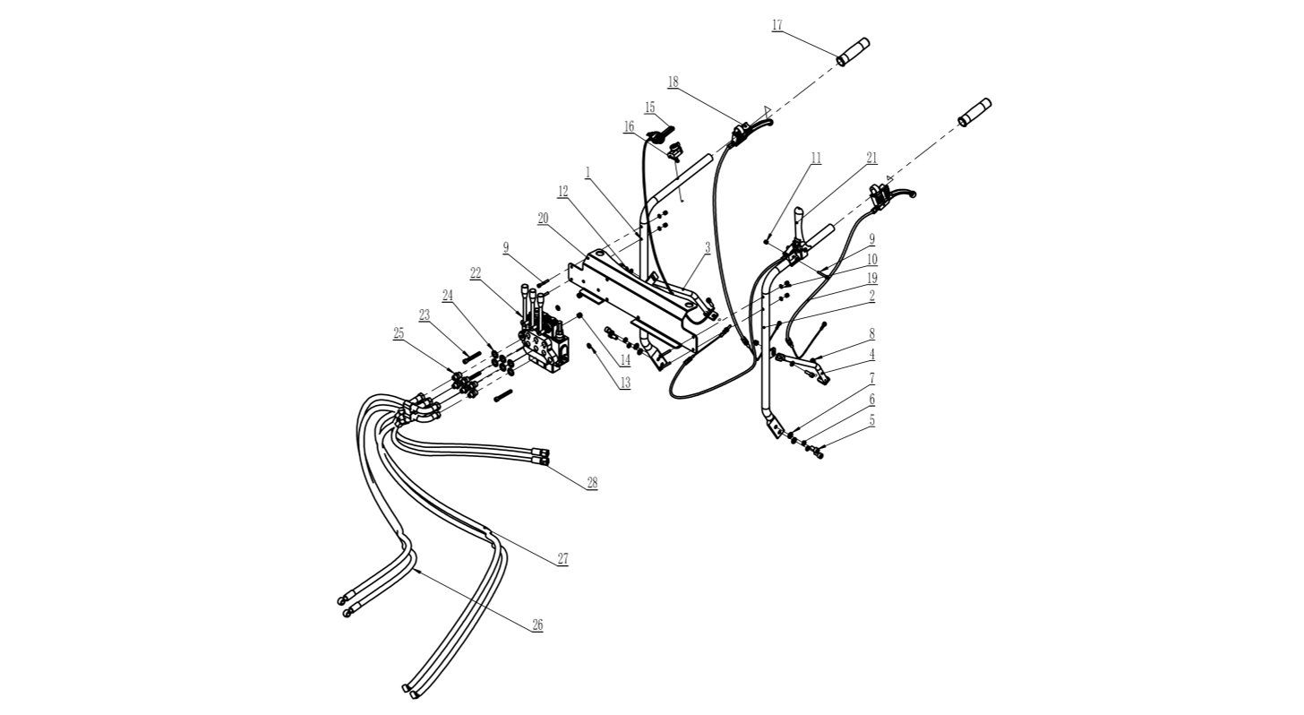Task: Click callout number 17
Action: coord(776,25)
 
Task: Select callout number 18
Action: coord(673,82)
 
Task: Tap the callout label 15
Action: coord(649,108)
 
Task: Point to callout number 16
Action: coord(630,127)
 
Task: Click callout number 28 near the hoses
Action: coord(592,483)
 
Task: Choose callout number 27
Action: coord(562,559)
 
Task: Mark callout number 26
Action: coord(537,625)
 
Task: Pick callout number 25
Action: coord(399,333)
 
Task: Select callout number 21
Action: coord(871,158)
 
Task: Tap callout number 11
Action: coord(816,158)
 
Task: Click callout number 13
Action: coord(624,383)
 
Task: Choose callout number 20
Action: coord(543,218)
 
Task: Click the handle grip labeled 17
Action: coord(853,52)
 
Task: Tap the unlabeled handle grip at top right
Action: coord(975,112)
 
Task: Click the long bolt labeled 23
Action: coord(471,356)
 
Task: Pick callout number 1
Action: coord(588,169)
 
